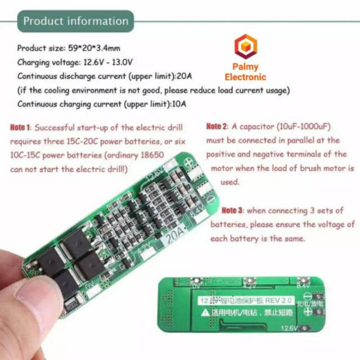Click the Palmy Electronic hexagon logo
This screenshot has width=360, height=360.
point(245,47)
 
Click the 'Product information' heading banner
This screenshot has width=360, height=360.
point(75,21)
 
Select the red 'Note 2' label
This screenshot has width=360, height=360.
point(217,126)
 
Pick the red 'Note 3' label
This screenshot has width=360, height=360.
point(232,210)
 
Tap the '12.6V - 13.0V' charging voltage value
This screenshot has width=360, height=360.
point(106,62)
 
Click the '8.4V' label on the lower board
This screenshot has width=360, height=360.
point(303,286)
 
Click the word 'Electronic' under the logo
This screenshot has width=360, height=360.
point(245,77)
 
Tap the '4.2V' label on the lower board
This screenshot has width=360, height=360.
point(250,285)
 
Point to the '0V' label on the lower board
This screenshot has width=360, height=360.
point(196,286)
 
